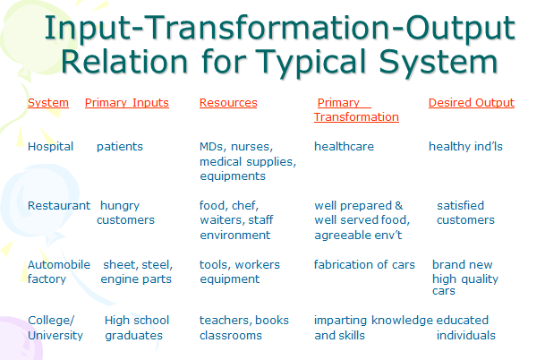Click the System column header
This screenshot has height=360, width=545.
pyautogui.click(x=48, y=103)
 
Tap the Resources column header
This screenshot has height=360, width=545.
pyautogui.click(x=228, y=103)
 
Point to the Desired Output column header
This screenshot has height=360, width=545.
pyautogui.click(x=472, y=103)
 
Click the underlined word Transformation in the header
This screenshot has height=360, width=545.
pyautogui.click(x=356, y=117)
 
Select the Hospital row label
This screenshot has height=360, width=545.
pyautogui.click(x=51, y=146)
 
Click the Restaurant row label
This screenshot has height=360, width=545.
pyautogui.click(x=59, y=206)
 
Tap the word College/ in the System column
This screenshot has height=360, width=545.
pyautogui.click(x=50, y=320)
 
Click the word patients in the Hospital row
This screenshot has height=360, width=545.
pyautogui.click(x=120, y=146)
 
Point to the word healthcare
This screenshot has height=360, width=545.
pyautogui.click(x=344, y=146)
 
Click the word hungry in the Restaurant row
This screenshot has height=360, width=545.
pyautogui.click(x=120, y=206)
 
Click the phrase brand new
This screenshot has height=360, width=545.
pyautogui.click(x=461, y=265)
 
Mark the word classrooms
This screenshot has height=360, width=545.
pyautogui.click(x=231, y=336)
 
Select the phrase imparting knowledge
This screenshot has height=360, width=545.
pyautogui.click(x=373, y=320)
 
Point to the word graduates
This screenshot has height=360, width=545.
pyautogui.click(x=134, y=336)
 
